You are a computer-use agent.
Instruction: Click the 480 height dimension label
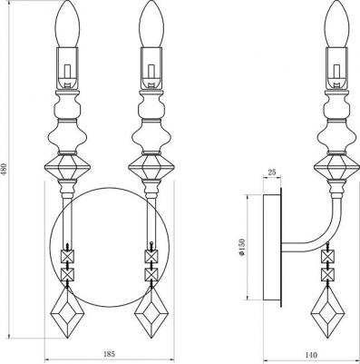click(5, 171)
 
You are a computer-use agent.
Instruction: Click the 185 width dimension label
click(110, 354)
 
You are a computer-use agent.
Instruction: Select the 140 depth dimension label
click(310, 355)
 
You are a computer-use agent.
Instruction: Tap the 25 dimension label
click(272, 172)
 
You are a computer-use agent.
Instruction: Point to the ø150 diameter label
click(241, 247)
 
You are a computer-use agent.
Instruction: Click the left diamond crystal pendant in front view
click(67, 312)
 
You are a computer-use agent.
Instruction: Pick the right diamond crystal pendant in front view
click(151, 312)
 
